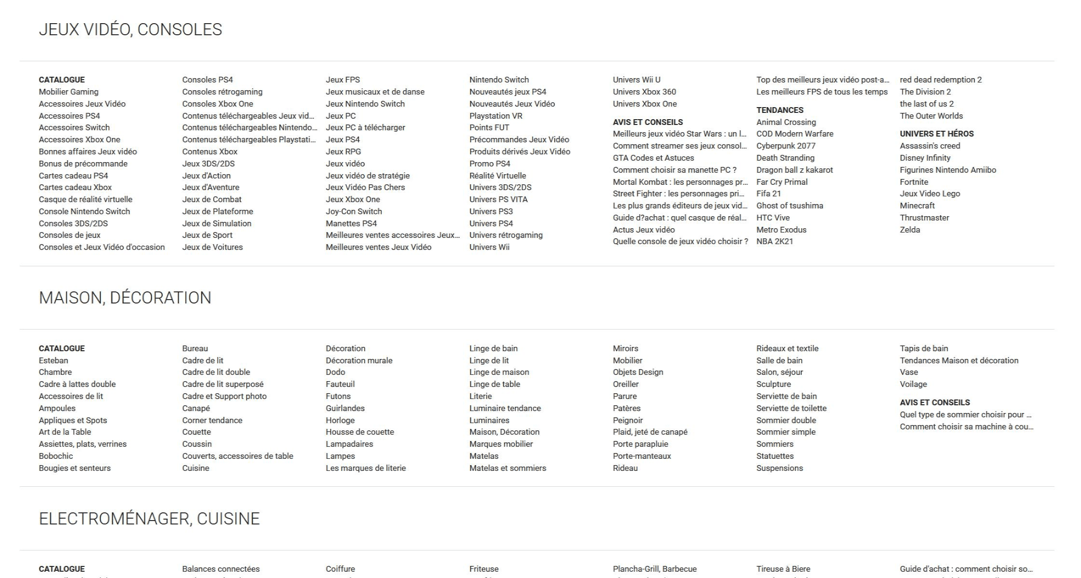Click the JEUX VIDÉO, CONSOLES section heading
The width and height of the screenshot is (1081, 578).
pyautogui.click(x=130, y=29)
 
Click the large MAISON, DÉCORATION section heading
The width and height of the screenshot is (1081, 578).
pyautogui.click(x=125, y=298)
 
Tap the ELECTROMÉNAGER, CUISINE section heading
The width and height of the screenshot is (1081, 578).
pyautogui.click(x=149, y=519)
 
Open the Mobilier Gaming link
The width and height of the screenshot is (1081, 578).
pyautogui.click(x=68, y=92)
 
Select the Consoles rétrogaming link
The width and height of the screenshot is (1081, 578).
pyautogui.click(x=222, y=92)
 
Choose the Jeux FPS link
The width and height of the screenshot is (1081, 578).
pyautogui.click(x=342, y=80)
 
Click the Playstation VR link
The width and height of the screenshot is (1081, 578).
pyautogui.click(x=496, y=116)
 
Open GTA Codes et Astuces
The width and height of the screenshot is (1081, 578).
pyautogui.click(x=653, y=158)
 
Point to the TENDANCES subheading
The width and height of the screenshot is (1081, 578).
pyautogui.click(x=780, y=110)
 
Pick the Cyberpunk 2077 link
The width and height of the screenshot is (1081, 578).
pyautogui.click(x=786, y=146)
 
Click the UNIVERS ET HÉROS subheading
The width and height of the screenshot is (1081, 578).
pyautogui.click(x=936, y=134)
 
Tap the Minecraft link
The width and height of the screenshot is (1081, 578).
pyautogui.click(x=917, y=206)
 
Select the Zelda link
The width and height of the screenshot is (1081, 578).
pyautogui.click(x=910, y=230)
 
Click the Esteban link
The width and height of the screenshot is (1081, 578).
pyautogui.click(x=54, y=360)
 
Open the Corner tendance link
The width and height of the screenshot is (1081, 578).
pyautogui.click(x=212, y=420)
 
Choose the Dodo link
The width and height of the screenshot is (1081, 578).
pyautogui.click(x=335, y=372)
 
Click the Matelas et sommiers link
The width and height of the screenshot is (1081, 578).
pyautogui.click(x=507, y=468)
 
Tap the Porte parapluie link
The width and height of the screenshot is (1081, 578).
pyautogui.click(x=640, y=444)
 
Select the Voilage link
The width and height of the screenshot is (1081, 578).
pyautogui.click(x=913, y=384)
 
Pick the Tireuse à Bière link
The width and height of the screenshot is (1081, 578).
pyautogui.click(x=783, y=569)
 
